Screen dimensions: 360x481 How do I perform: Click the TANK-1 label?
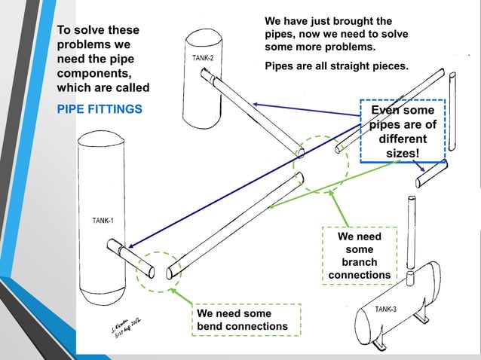point(103,221)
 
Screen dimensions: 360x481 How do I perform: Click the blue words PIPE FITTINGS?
point(100,109)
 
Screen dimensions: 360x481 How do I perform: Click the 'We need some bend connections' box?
point(246,319)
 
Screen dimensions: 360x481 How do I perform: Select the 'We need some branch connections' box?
point(359,255)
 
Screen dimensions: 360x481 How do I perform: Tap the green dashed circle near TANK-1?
point(159,270)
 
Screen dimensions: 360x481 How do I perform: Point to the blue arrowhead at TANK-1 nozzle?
point(130,246)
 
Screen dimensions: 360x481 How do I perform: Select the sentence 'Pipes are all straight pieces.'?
point(336,66)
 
